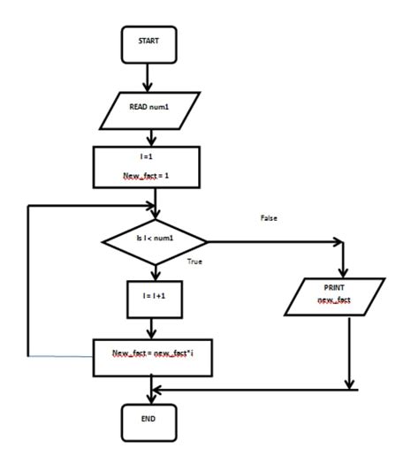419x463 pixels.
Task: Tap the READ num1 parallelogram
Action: point(155,110)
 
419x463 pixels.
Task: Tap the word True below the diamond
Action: point(197,262)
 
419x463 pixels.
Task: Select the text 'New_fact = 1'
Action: point(153,177)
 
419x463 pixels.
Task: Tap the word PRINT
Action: point(334,289)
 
